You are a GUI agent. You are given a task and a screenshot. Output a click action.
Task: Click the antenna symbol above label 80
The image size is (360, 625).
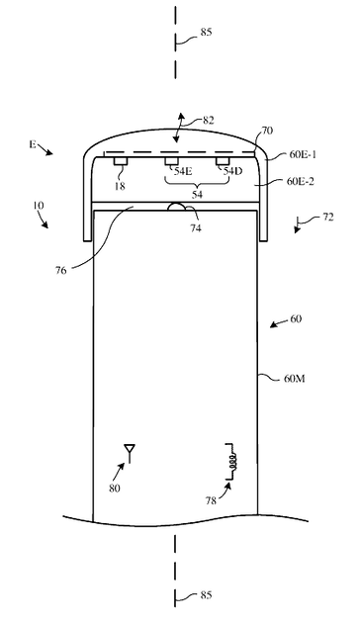coord(130,452)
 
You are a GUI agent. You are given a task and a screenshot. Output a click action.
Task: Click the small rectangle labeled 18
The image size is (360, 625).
coord(120,161)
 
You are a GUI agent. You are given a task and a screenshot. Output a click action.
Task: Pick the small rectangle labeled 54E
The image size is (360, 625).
coord(172,161)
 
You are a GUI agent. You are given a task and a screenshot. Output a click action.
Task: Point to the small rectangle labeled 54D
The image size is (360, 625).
coord(223,161)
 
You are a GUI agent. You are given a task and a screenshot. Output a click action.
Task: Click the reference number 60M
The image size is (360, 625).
coord(294,379)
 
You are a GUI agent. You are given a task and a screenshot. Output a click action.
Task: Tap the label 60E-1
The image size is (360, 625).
coord(303,154)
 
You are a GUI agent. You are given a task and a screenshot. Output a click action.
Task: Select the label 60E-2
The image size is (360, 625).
coord(301,181)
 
